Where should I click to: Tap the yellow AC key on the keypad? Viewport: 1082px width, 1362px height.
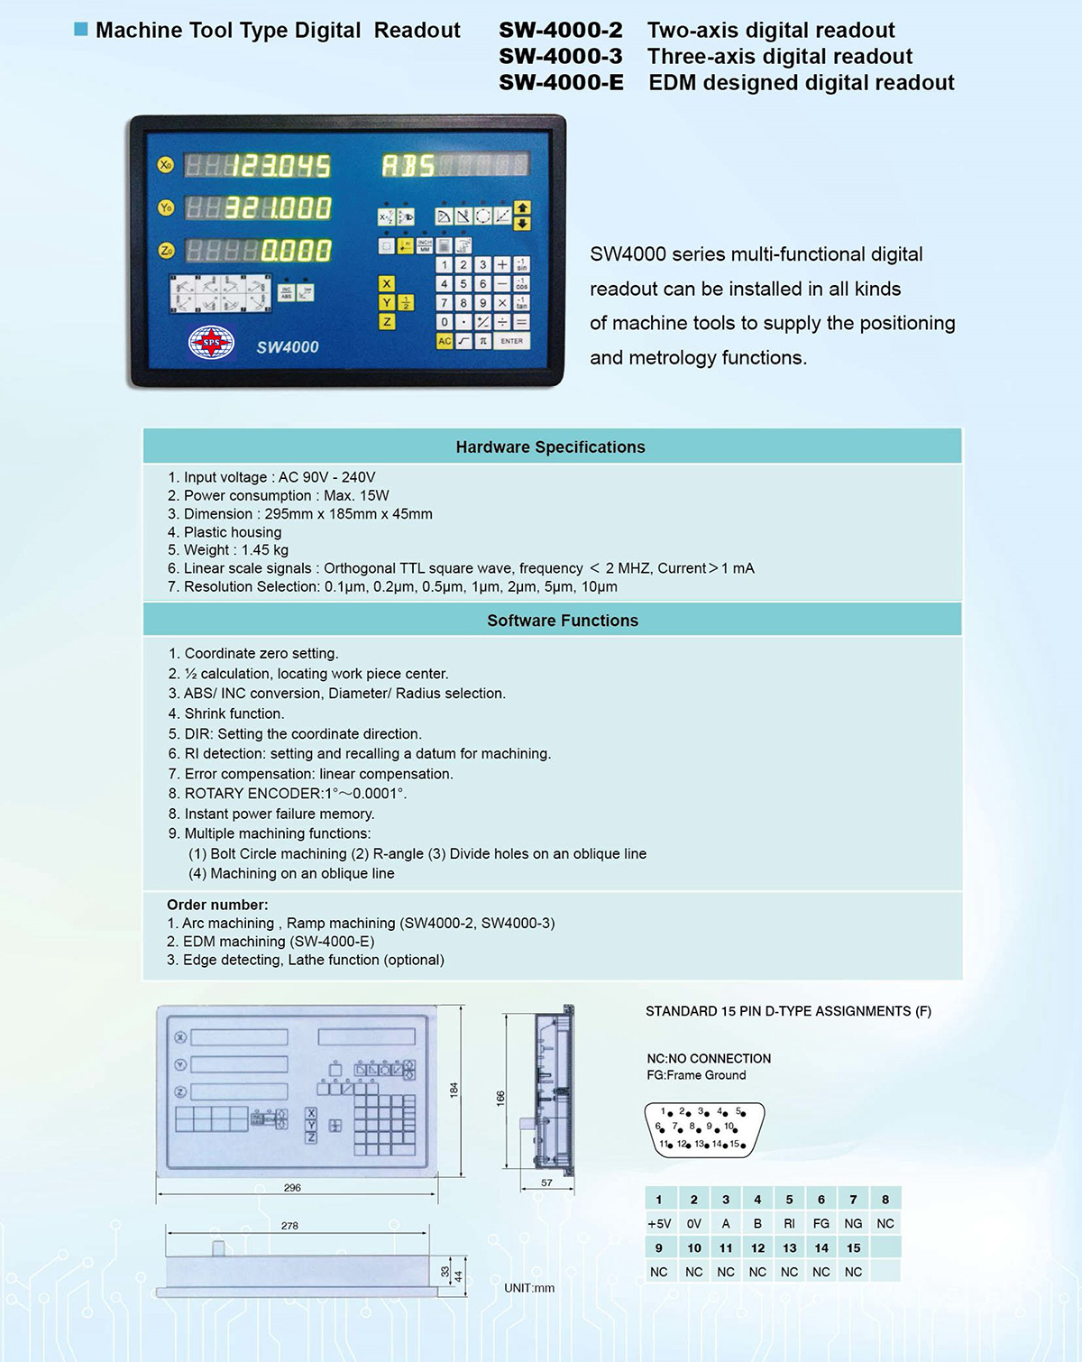tap(444, 341)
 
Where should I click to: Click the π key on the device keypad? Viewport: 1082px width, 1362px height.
tap(483, 341)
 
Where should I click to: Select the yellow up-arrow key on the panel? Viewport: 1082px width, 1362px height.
tap(522, 208)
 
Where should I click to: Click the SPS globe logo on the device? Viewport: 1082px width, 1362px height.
tap(211, 343)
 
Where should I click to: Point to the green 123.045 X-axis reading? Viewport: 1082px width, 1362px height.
tap(280, 166)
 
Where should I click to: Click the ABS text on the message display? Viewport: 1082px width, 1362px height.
tap(408, 165)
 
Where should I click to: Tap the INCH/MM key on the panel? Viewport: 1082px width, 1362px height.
tap(424, 245)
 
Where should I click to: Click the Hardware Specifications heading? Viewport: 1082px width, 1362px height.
tap(550, 446)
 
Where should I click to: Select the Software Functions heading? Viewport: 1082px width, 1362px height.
tap(562, 621)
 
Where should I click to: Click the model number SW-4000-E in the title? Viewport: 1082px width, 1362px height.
tap(561, 83)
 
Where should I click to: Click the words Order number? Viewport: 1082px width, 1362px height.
tap(217, 905)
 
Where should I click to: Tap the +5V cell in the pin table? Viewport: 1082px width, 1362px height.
tap(659, 1224)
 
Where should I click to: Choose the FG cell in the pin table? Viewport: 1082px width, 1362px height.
tap(821, 1224)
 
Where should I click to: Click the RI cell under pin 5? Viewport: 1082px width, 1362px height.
tap(789, 1224)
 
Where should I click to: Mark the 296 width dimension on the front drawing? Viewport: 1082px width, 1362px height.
tap(292, 1188)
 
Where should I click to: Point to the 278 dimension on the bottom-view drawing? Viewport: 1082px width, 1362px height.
tap(289, 1226)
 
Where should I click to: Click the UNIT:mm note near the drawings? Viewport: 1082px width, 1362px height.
tap(529, 1288)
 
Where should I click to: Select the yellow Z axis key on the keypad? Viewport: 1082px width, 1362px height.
tap(387, 321)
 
